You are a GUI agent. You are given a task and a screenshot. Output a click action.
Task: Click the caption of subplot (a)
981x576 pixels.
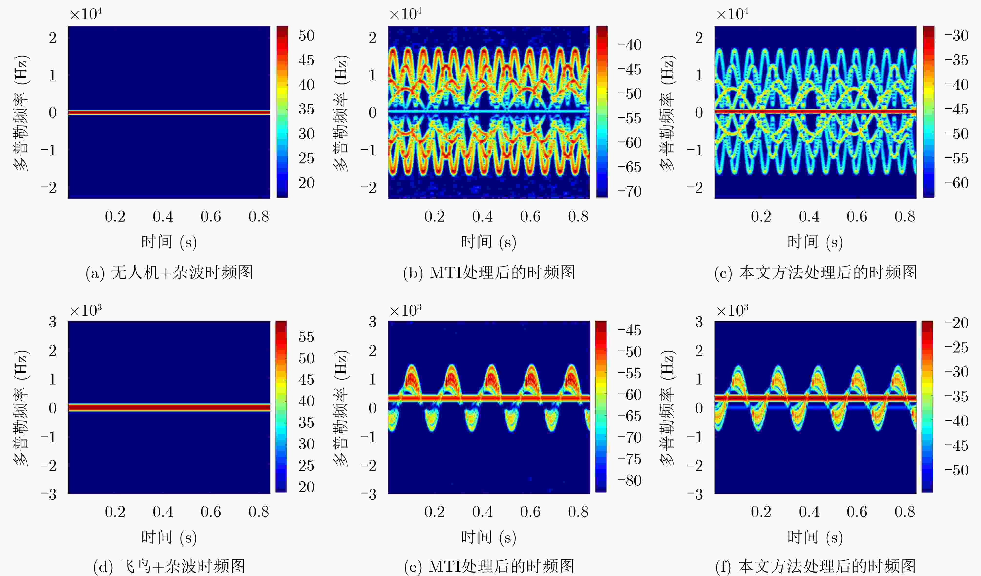click(169, 272)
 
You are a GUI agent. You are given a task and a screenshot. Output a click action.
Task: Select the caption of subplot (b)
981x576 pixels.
click(489, 272)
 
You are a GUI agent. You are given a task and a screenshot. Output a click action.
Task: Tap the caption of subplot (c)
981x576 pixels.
click(816, 272)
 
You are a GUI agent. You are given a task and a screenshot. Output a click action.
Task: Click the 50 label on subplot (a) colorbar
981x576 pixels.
click(306, 36)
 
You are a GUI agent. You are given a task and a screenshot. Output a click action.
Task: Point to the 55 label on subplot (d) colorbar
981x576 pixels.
click(306, 337)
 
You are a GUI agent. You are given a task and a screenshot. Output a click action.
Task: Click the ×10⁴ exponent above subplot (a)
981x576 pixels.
click(86, 14)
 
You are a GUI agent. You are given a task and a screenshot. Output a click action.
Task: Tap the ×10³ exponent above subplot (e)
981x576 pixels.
click(405, 310)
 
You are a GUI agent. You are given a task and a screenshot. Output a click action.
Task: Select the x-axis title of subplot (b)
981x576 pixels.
click(489, 242)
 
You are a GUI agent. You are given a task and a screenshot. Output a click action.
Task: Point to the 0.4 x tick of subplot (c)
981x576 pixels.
click(809, 216)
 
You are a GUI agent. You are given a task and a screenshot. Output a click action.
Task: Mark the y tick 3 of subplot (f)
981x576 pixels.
click(699, 322)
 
